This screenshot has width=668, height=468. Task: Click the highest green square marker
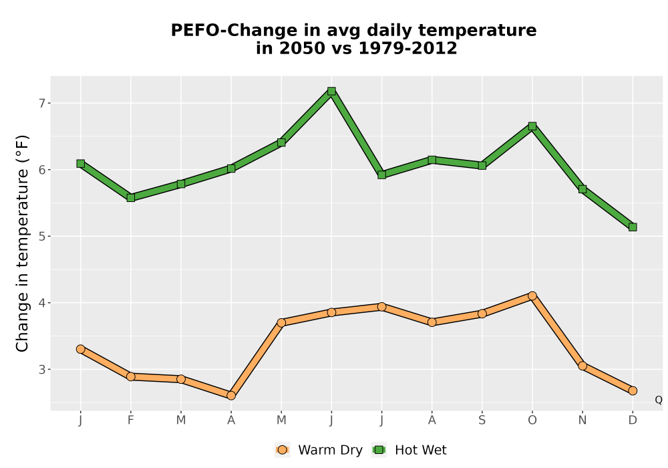pyautogui.click(x=331, y=91)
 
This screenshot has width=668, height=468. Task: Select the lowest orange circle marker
pyautogui.click(x=231, y=396)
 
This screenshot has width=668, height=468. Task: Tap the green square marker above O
pyautogui.click(x=532, y=126)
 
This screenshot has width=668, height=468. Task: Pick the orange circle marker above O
pyautogui.click(x=532, y=296)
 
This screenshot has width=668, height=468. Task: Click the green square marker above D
pyautogui.click(x=633, y=227)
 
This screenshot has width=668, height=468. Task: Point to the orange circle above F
pyautogui.click(x=131, y=376)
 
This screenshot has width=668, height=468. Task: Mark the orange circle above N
pyautogui.click(x=582, y=366)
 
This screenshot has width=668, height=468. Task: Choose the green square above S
pyautogui.click(x=482, y=165)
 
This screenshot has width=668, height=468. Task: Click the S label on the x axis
pyautogui.click(x=482, y=421)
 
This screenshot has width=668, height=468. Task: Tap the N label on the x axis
pyautogui.click(x=582, y=421)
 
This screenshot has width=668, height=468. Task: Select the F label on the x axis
pyautogui.click(x=131, y=421)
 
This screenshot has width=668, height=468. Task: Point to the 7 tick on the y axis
pyautogui.click(x=41, y=103)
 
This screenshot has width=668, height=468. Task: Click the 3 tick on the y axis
pyautogui.click(x=41, y=369)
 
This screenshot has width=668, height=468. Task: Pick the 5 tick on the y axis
pyautogui.click(x=41, y=236)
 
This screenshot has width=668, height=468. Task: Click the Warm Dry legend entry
pyautogui.click(x=319, y=450)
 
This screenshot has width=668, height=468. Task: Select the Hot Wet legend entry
pyautogui.click(x=409, y=450)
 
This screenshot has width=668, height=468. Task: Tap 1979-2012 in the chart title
pyautogui.click(x=407, y=48)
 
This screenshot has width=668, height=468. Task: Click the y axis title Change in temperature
pyautogui.click(x=22, y=243)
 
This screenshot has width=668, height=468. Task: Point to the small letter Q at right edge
pyautogui.click(x=659, y=400)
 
